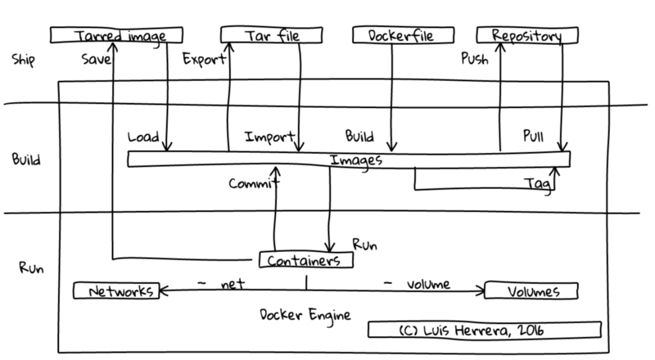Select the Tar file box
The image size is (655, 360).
pos(265,36)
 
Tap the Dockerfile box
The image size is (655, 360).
pos(392,36)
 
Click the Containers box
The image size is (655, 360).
pos(306,260)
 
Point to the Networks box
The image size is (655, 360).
pos(115,290)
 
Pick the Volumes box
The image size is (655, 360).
pos(532,290)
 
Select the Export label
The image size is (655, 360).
pos(198,59)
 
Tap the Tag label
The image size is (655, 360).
pos(536,185)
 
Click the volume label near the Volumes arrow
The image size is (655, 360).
pos(429,285)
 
